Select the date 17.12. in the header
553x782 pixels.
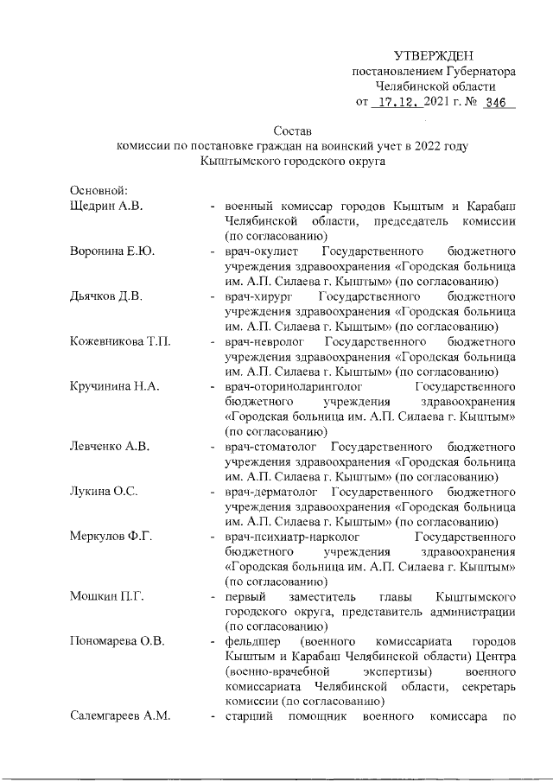point(397,102)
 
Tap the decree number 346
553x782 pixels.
point(495,102)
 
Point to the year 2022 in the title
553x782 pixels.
point(417,146)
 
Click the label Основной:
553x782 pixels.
point(99,190)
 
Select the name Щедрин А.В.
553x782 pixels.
point(105,206)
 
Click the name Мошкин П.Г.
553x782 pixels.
point(105,597)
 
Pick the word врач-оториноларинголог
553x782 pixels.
point(290,386)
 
